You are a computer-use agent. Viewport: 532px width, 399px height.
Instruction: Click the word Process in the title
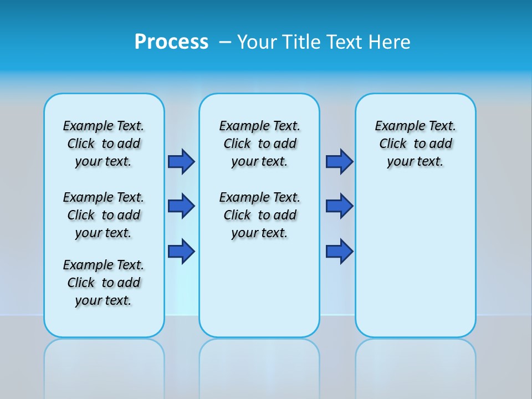171,42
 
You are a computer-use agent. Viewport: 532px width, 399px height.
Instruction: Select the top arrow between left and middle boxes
181,161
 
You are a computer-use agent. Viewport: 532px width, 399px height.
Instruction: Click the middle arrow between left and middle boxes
181,206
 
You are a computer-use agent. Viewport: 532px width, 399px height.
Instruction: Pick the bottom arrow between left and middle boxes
181,251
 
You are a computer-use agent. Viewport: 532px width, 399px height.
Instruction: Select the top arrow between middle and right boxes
339,161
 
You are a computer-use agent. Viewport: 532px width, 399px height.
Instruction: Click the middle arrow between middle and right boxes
339,206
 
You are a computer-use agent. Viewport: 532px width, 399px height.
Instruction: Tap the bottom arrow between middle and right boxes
339,251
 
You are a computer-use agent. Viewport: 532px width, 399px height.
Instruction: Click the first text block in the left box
104,144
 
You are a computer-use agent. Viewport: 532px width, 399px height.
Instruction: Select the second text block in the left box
104,215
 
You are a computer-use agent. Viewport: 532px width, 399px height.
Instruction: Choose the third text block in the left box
104,283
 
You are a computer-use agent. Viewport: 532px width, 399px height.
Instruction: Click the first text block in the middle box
259,144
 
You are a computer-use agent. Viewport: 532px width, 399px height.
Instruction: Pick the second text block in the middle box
259,215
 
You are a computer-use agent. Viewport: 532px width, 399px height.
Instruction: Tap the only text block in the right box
415,144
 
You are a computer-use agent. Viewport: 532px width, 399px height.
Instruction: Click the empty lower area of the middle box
259,288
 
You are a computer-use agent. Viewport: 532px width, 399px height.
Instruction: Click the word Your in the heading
258,42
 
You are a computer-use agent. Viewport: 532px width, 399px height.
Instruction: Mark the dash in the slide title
225,42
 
